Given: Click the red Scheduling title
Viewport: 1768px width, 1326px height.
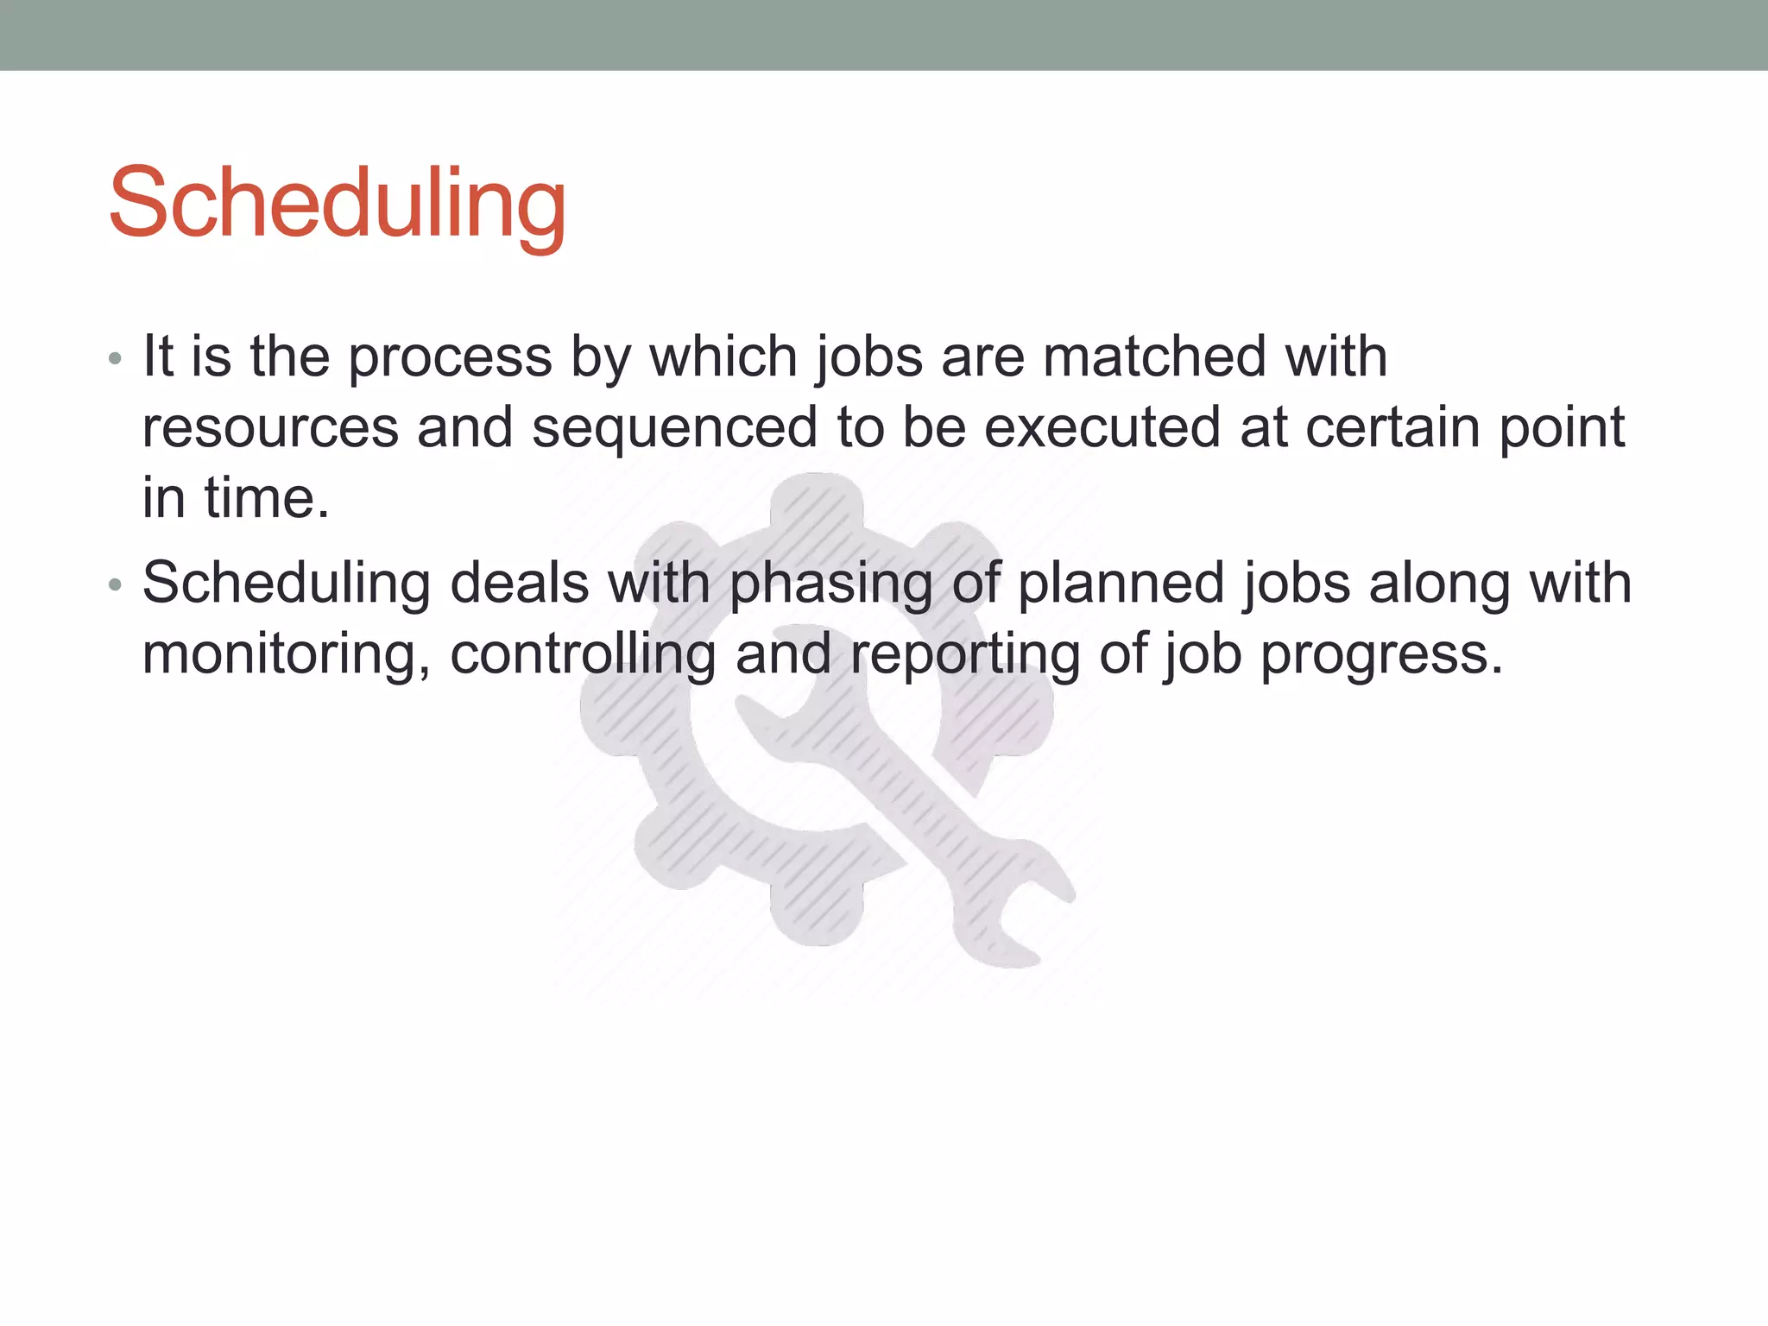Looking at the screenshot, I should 337,204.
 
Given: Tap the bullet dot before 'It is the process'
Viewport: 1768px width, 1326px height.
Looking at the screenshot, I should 116,358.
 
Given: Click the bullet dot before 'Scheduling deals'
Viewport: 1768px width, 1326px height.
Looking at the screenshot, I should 116,585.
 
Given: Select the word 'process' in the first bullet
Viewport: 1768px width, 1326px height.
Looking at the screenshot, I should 450,358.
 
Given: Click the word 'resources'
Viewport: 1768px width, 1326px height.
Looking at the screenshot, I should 270,429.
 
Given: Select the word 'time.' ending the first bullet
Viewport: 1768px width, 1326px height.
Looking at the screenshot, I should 267,498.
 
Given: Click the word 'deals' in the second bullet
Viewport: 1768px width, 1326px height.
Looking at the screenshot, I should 520,583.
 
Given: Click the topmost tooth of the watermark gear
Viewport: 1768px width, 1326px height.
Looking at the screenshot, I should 817,501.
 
